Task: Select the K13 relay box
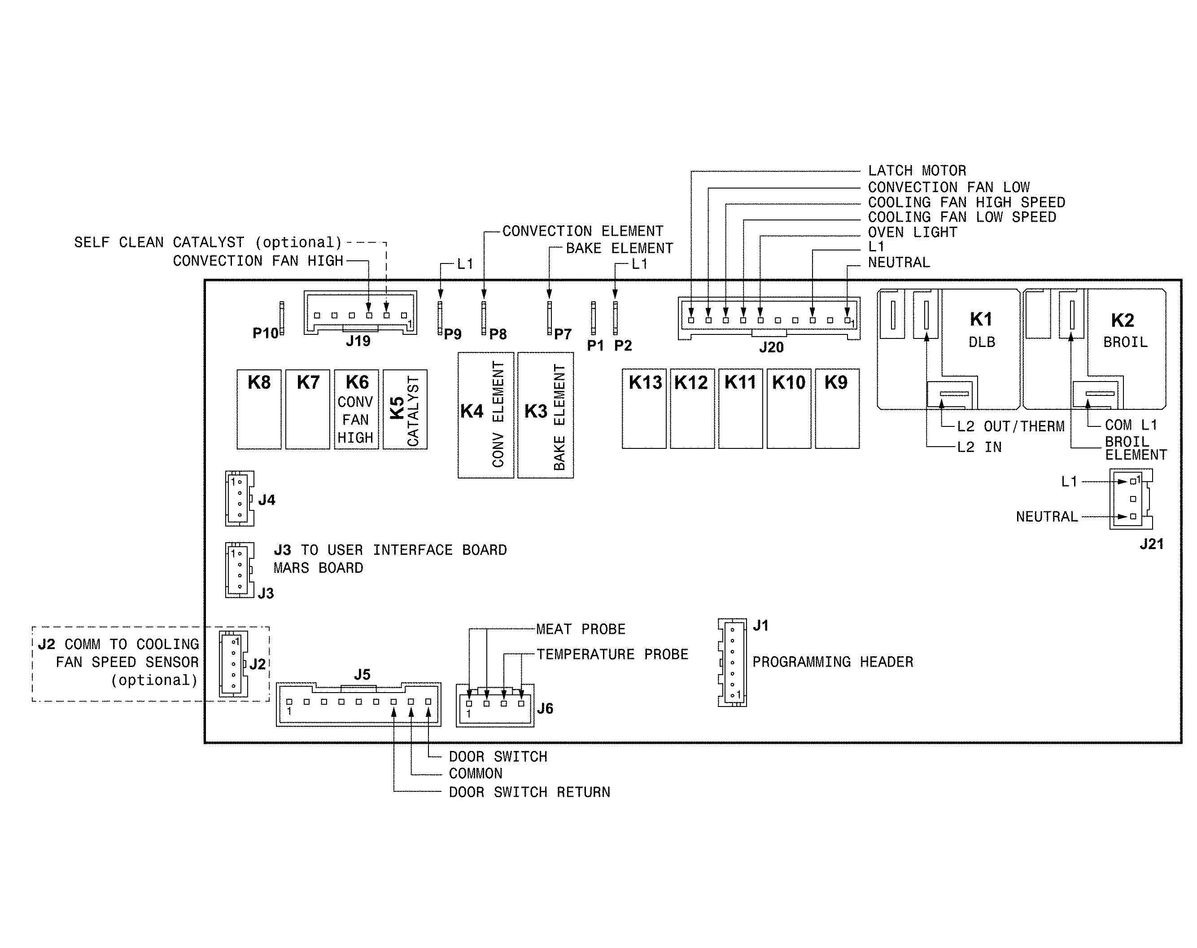[644, 408]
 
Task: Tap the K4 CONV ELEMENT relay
[485, 415]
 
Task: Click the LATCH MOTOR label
[917, 171]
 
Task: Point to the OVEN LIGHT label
[913, 233]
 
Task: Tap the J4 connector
[240, 498]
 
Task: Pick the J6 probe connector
[495, 706]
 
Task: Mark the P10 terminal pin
[282, 318]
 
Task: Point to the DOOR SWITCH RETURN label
[529, 793]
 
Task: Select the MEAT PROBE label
[581, 629]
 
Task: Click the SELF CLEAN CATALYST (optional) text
[208, 242]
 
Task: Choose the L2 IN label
[979, 448]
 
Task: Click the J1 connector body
[733, 662]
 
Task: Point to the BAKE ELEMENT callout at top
[619, 248]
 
